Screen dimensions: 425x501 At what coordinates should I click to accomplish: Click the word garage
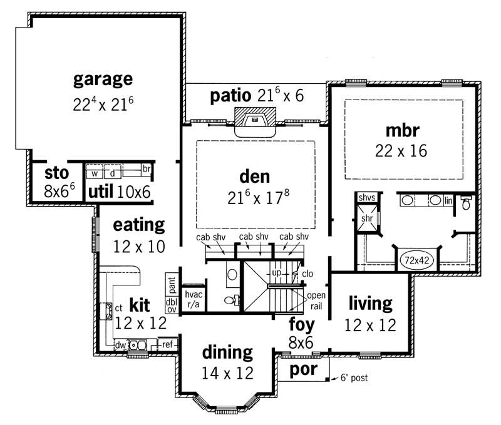(103, 79)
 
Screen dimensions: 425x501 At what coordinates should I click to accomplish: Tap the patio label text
(232, 96)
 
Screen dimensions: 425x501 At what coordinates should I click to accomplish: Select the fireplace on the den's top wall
(254, 121)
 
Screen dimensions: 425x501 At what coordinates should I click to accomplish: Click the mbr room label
(402, 130)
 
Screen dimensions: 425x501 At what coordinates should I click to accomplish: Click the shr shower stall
(366, 219)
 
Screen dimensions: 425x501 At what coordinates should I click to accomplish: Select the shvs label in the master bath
(366, 198)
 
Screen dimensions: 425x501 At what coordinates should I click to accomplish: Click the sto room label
(56, 173)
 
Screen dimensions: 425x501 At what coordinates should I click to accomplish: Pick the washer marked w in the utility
(95, 173)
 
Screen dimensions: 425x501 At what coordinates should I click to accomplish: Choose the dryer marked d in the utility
(112, 173)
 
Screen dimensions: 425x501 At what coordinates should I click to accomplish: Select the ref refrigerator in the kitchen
(167, 344)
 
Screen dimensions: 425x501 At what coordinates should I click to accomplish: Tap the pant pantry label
(172, 284)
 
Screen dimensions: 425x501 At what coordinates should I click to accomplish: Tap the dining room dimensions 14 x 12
(227, 373)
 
